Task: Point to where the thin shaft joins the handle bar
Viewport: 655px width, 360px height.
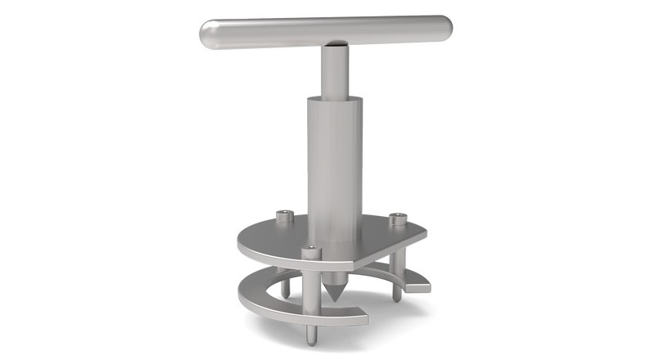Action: pos(333,46)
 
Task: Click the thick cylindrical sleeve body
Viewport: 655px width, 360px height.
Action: pos(334,164)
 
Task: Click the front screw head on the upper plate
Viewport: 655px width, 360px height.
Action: pos(310,251)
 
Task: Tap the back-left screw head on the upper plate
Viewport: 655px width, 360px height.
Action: pos(284,216)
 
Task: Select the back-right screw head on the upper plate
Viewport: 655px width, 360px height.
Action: pos(397,218)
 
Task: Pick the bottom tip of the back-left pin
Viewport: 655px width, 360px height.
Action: pos(286,295)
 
